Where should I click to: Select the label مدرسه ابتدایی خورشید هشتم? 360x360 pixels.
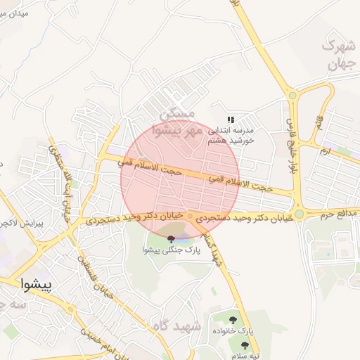(229, 136)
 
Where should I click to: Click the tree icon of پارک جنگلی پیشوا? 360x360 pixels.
(171, 239)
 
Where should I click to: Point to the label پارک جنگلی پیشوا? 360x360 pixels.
(170, 250)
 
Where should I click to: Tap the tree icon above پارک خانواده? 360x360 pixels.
(243, 319)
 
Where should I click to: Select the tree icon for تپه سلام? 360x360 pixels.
(244, 345)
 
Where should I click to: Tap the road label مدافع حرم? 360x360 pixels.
(335, 214)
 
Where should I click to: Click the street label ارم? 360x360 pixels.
(324, 151)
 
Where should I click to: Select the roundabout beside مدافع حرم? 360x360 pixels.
(299, 214)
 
